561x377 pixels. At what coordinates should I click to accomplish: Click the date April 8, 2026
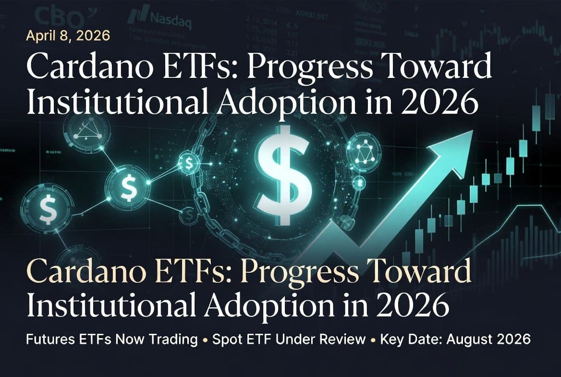(68, 36)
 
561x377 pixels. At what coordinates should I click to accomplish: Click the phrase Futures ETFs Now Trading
(112, 339)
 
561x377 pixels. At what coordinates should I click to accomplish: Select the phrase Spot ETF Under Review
(289, 339)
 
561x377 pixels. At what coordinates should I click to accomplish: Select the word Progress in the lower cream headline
(298, 273)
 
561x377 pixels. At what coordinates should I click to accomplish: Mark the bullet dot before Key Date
(373, 340)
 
